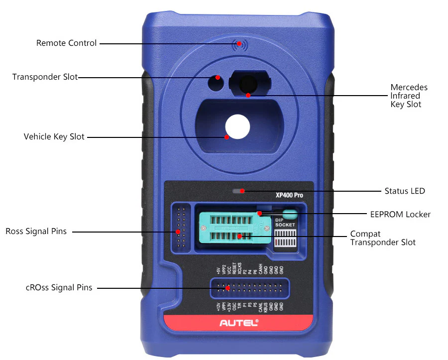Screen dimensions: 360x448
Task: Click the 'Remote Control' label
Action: click(x=66, y=43)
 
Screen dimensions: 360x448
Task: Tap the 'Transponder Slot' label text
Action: click(x=45, y=77)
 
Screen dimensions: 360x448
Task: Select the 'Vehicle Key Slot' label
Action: click(x=54, y=136)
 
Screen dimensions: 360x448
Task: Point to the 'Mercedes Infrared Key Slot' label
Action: click(x=409, y=96)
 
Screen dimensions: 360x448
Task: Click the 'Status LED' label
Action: click(x=404, y=191)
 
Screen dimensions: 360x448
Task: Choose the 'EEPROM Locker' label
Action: click(x=400, y=215)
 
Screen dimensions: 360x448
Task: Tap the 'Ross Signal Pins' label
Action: click(x=36, y=232)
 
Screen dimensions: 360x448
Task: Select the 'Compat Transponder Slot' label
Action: click(x=382, y=238)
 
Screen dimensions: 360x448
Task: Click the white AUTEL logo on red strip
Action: click(x=239, y=323)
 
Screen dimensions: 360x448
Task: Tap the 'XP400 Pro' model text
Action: click(x=289, y=195)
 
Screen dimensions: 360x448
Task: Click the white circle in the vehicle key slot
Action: click(x=237, y=126)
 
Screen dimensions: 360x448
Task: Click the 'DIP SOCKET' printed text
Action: click(x=285, y=222)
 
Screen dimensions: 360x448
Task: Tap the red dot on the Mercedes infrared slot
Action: click(x=248, y=95)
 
